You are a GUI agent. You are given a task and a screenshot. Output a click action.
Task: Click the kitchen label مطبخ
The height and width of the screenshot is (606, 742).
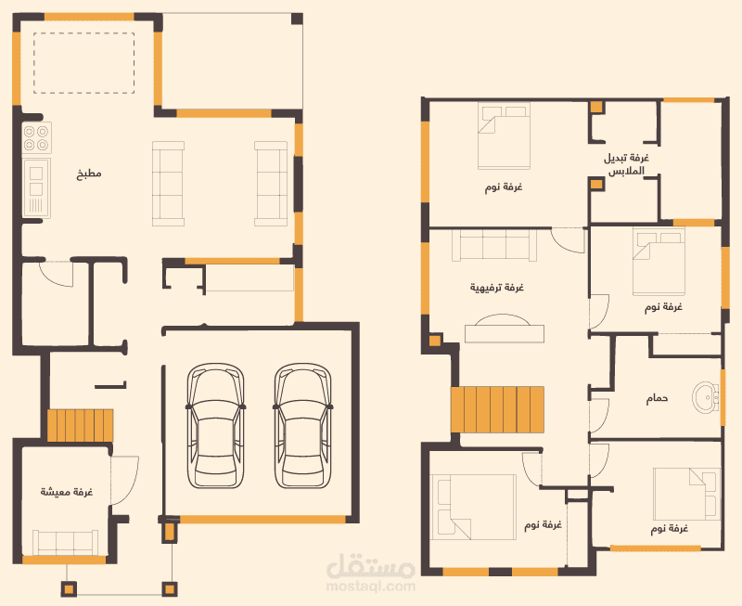[89, 174]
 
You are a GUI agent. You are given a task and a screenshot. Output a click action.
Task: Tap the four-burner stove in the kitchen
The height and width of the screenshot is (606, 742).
[36, 137]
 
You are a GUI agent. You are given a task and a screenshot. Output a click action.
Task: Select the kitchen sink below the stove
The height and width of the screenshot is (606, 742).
[36, 188]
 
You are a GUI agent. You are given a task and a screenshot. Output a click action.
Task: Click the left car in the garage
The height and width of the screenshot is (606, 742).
[216, 426]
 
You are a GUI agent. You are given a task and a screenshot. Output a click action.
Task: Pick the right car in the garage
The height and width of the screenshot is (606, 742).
[303, 426]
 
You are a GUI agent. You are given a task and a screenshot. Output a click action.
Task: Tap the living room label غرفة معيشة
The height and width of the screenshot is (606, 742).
[66, 492]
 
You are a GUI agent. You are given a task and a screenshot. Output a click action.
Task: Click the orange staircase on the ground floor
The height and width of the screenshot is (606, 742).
[81, 426]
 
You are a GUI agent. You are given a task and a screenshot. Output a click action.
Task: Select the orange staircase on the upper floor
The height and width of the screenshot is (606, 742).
[497, 409]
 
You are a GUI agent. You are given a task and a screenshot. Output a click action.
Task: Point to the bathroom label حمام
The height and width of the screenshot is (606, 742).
[658, 399]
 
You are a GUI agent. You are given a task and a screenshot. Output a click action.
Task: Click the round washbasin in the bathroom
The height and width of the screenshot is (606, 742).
[706, 398]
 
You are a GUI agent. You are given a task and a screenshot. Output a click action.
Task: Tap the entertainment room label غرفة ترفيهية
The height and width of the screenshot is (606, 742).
[497, 288]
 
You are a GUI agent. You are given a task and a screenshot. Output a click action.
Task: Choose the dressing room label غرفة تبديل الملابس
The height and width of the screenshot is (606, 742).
[626, 164]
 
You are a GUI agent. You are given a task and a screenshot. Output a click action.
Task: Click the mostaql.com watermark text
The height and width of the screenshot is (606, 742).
[371, 587]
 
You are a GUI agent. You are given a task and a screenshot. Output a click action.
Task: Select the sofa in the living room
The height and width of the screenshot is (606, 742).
[66, 543]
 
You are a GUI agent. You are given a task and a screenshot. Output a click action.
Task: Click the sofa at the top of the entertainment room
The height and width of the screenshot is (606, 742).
[495, 244]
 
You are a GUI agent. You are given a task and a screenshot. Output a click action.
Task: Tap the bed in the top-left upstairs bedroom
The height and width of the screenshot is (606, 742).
[504, 135]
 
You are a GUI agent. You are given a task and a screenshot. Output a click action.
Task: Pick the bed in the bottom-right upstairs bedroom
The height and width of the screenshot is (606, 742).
[686, 495]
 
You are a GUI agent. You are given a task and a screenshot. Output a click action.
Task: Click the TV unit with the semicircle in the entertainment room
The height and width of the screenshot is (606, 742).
[505, 329]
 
